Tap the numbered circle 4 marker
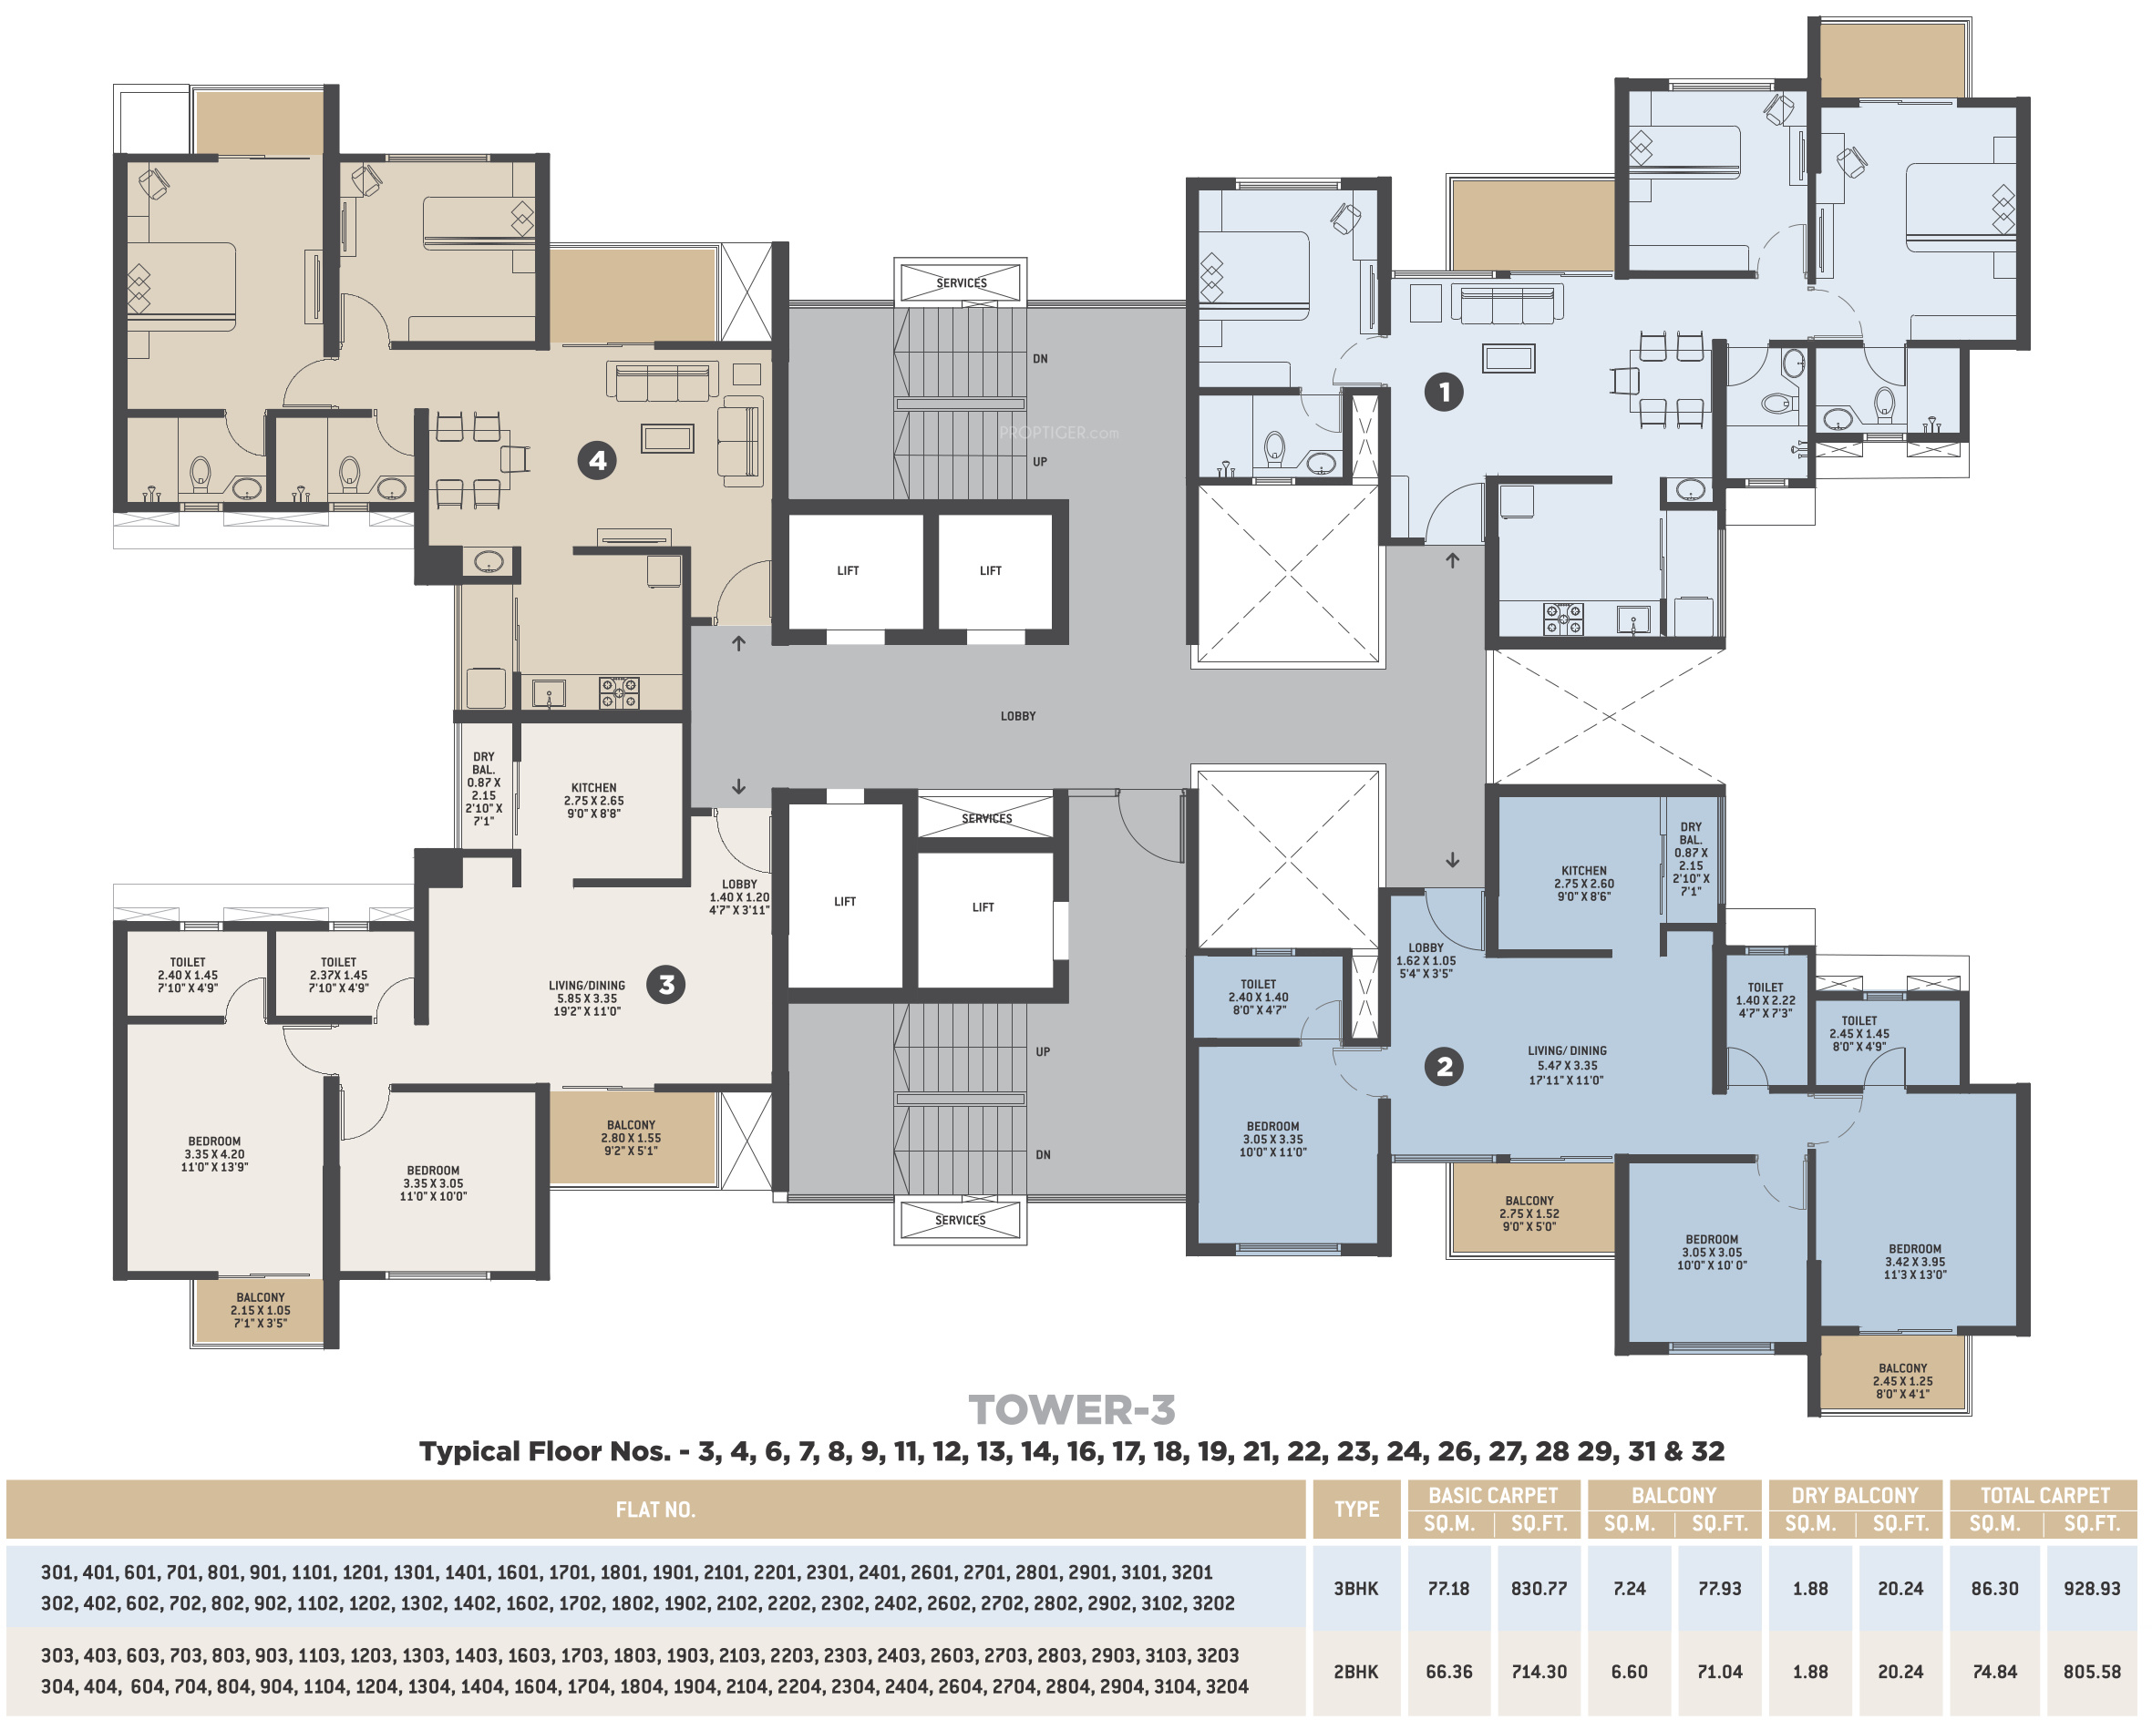pos(597,460)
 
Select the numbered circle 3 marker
pos(665,985)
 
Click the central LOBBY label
pos(1018,716)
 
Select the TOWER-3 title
pos(1072,1409)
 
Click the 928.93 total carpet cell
pos(2091,1588)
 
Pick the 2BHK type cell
pos(1355,1671)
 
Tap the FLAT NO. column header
pos(654,1510)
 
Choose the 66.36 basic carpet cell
pos(1448,1671)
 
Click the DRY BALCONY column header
pos(1855,1496)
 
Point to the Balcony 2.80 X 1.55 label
pos(631,1137)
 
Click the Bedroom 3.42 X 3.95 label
pos(1914,1261)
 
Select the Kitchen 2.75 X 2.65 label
pos(594,800)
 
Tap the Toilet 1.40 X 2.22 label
pos(1765,999)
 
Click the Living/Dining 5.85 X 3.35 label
pos(587,998)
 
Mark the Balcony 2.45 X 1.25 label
pos(1902,1381)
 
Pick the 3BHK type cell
pos(1355,1588)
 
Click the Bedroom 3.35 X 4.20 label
pos(214,1154)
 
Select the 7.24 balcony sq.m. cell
pos(1629,1588)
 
